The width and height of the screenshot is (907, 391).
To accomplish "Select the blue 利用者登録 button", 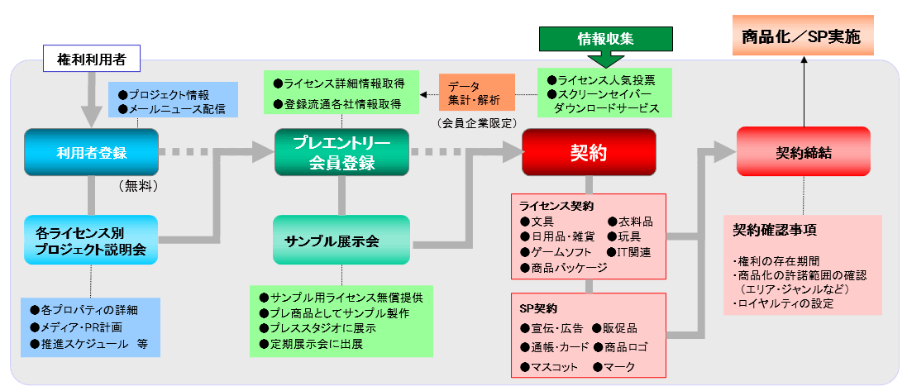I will pos(90,152).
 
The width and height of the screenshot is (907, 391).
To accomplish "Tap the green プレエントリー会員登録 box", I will pos(341,152).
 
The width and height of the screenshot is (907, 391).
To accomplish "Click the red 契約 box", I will pos(588,152).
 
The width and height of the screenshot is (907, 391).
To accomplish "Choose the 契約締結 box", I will pos(802,152).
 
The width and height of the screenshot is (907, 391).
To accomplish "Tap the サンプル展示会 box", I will pos(341,241).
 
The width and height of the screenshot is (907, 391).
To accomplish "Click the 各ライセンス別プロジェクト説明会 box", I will pos(90,241).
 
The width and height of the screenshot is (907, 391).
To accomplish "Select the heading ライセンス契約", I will pos(556,205).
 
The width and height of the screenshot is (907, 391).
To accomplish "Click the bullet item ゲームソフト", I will pos(555,252).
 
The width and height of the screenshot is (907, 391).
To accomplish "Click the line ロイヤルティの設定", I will pos(783,303).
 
